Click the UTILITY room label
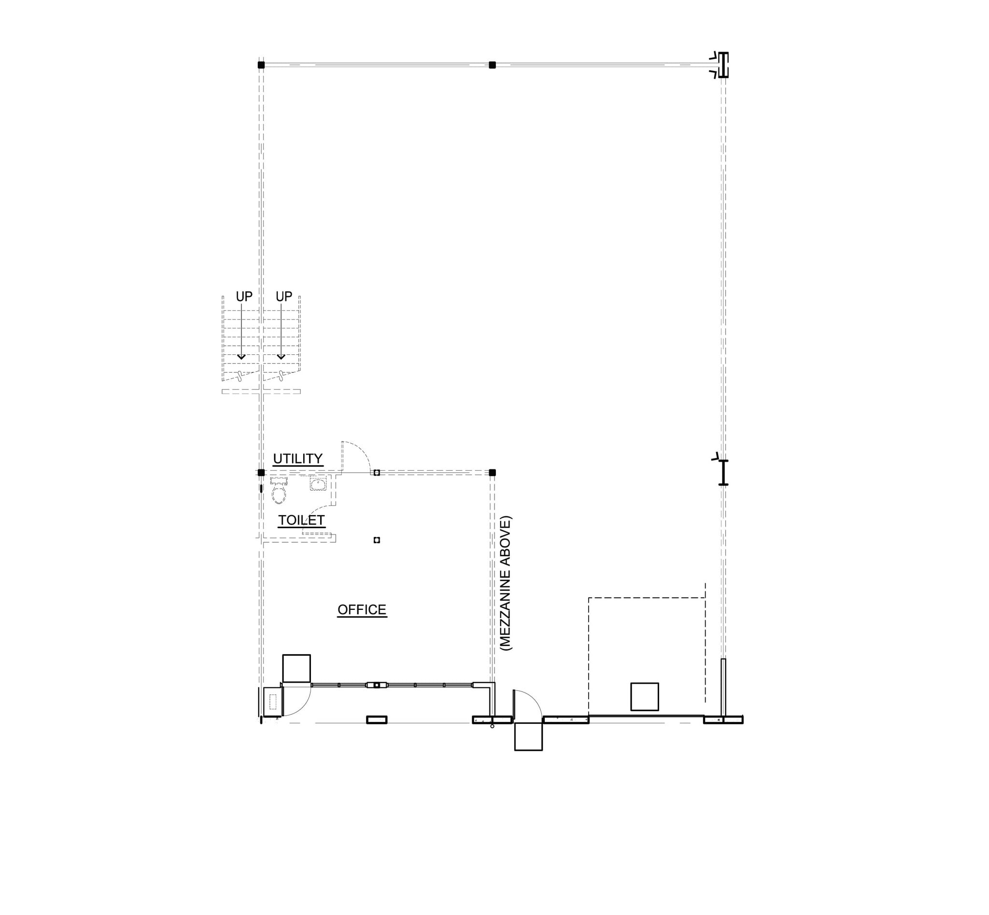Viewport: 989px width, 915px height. coord(297,459)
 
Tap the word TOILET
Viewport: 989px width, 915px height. coord(301,520)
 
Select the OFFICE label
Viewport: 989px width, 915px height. coord(362,609)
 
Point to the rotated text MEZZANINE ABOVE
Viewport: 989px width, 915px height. coord(506,583)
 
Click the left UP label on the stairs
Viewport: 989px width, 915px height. coord(244,296)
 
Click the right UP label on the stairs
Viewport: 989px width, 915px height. coord(284,296)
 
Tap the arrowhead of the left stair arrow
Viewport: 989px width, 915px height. coord(241,357)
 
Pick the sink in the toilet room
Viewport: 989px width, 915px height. coord(318,484)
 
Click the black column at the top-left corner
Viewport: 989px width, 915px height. coord(261,65)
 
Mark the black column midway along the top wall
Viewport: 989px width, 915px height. coord(492,65)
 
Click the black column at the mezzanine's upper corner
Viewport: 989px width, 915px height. coord(492,472)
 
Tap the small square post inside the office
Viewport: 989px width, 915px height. coord(376,540)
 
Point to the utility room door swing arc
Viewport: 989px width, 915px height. coord(362,450)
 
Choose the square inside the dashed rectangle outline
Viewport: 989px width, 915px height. coord(644,697)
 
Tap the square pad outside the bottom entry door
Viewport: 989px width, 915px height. coord(528,736)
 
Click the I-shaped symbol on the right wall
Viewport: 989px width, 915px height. coord(723,472)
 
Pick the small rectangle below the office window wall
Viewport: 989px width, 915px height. coord(376,720)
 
